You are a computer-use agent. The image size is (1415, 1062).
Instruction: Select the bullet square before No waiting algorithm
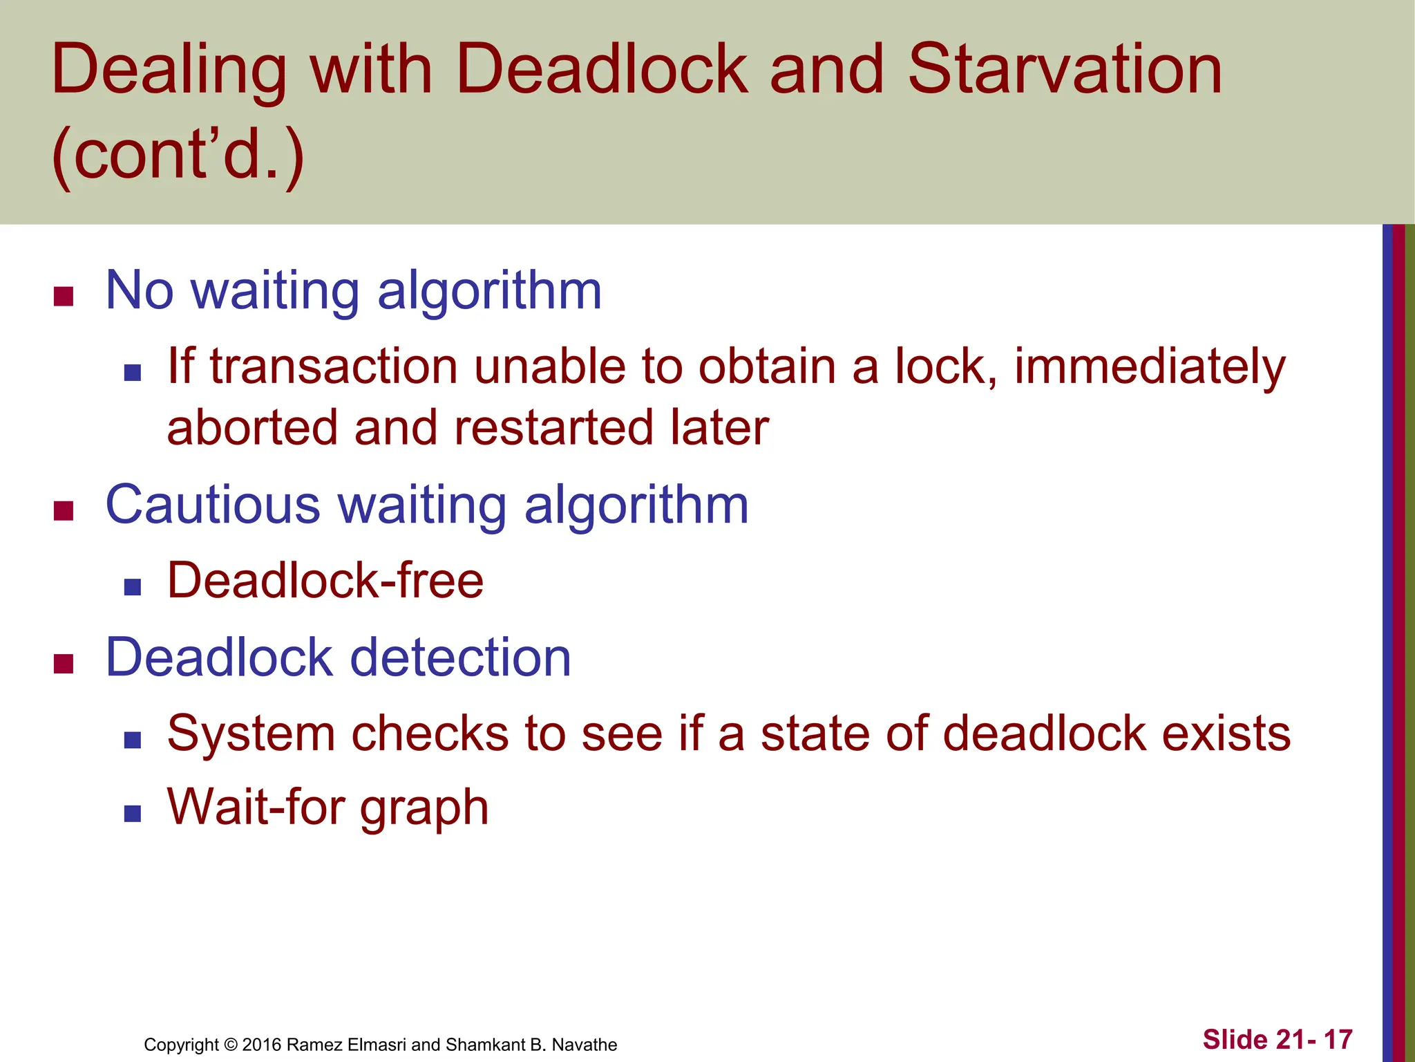tap(64, 297)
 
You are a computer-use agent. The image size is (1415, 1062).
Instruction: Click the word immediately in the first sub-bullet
tap(1149, 366)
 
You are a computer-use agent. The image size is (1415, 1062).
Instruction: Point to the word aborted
tap(252, 427)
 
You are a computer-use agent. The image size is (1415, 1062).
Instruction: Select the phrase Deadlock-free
tap(325, 580)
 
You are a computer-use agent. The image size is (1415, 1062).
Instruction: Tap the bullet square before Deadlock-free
tap(133, 588)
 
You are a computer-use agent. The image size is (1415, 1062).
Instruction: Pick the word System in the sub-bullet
tap(251, 733)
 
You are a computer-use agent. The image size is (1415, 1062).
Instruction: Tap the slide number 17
tap(1338, 1040)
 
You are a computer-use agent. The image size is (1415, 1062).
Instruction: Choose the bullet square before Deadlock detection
tap(64, 664)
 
